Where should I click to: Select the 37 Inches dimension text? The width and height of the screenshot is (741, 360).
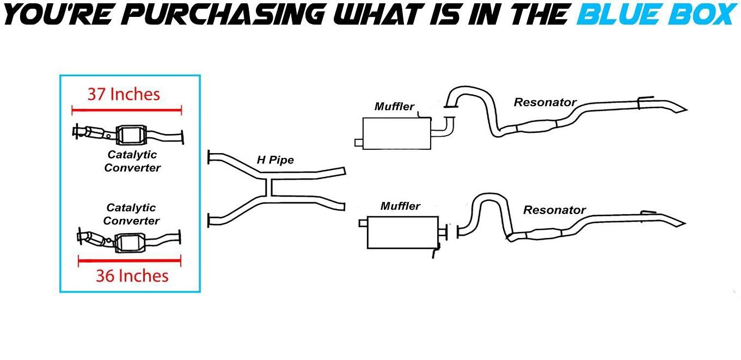click(124, 94)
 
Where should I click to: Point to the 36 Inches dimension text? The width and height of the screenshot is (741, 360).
click(132, 276)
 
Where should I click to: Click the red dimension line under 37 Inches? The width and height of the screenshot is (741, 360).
click(126, 110)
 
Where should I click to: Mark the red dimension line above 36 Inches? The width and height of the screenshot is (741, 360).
click(130, 261)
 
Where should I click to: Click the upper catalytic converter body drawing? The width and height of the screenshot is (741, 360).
click(131, 134)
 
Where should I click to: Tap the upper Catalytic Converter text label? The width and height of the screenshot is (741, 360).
click(132, 161)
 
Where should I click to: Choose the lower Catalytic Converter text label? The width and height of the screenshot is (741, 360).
click(131, 214)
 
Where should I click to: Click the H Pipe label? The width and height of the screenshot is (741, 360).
click(275, 160)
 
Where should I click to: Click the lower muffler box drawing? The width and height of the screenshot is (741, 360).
click(402, 232)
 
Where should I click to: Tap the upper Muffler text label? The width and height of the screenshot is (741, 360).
click(394, 107)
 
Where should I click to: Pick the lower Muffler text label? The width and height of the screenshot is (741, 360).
click(400, 206)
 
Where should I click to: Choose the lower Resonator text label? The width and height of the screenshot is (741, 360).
click(554, 210)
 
